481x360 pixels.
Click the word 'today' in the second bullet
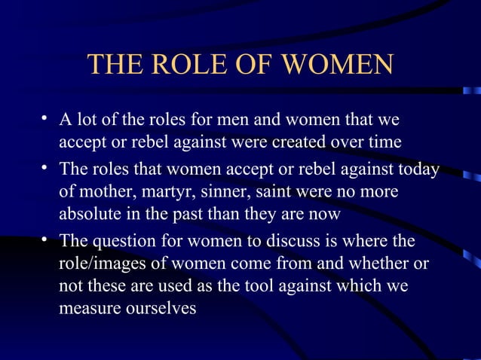pyautogui.click(x=418, y=169)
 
